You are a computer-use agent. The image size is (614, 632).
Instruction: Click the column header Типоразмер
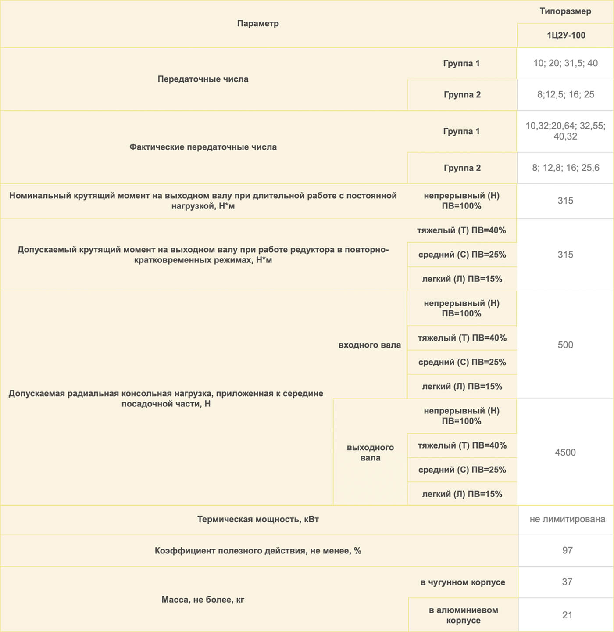click(x=565, y=11)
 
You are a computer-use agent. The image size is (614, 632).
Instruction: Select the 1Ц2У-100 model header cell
click(x=566, y=36)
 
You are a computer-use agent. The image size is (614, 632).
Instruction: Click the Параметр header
click(x=258, y=24)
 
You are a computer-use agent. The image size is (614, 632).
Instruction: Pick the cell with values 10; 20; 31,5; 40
click(x=565, y=63)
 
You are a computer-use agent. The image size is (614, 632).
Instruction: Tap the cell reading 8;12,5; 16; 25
click(x=565, y=94)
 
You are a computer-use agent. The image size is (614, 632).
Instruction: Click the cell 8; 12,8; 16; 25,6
click(x=565, y=168)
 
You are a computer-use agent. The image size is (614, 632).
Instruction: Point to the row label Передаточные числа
click(x=203, y=79)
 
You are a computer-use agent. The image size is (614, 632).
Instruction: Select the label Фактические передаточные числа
click(x=203, y=147)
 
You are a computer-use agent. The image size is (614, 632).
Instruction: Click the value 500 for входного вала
click(x=565, y=345)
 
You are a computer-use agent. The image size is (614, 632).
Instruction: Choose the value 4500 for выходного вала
click(x=565, y=452)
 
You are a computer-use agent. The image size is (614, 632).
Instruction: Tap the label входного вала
click(x=370, y=345)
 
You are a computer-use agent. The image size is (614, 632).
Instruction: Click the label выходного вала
click(x=370, y=452)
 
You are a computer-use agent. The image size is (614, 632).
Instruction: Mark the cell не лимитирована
click(x=567, y=519)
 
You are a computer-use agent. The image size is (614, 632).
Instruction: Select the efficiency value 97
click(x=567, y=550)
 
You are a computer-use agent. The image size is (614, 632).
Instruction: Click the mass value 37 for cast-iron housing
click(x=567, y=582)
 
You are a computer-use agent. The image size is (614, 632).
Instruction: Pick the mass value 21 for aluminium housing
click(x=567, y=615)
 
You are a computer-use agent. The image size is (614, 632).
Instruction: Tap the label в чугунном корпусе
click(x=463, y=582)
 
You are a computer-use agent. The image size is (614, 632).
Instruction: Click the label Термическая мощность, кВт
click(x=258, y=520)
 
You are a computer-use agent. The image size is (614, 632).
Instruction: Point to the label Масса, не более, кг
click(x=203, y=600)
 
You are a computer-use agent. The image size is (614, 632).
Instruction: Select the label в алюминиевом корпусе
click(x=463, y=615)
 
